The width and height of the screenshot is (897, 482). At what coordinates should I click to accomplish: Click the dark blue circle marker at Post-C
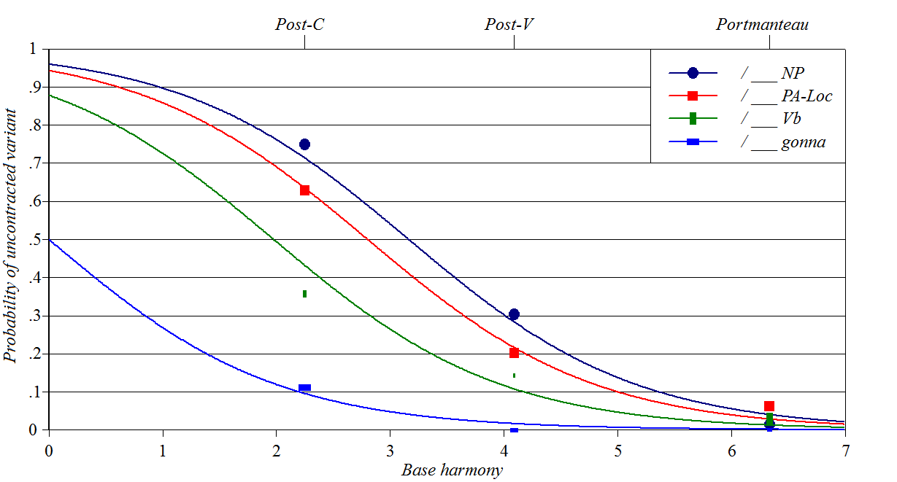point(304,144)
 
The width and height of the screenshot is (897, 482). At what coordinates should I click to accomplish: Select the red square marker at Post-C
point(304,190)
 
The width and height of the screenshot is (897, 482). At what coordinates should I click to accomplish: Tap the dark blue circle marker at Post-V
point(514,314)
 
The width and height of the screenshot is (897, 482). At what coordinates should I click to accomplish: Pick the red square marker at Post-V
point(514,353)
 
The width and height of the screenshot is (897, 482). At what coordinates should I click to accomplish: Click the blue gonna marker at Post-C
point(304,388)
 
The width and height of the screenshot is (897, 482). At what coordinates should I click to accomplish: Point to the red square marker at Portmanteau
point(769,406)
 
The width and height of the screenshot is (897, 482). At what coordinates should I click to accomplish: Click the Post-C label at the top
point(300,25)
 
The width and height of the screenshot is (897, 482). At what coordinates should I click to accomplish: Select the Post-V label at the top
point(509,25)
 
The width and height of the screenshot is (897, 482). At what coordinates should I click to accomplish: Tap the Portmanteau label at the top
point(762,25)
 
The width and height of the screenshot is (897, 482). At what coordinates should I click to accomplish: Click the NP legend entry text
point(793,72)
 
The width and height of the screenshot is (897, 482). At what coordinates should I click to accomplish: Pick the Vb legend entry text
point(791,119)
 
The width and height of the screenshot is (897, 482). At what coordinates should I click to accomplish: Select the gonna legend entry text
point(803,142)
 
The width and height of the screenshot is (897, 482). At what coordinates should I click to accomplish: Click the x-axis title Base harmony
point(452,470)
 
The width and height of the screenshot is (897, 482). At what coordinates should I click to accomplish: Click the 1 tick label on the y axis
point(31,49)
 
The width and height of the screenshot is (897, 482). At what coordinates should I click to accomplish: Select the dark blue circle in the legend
point(693,72)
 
